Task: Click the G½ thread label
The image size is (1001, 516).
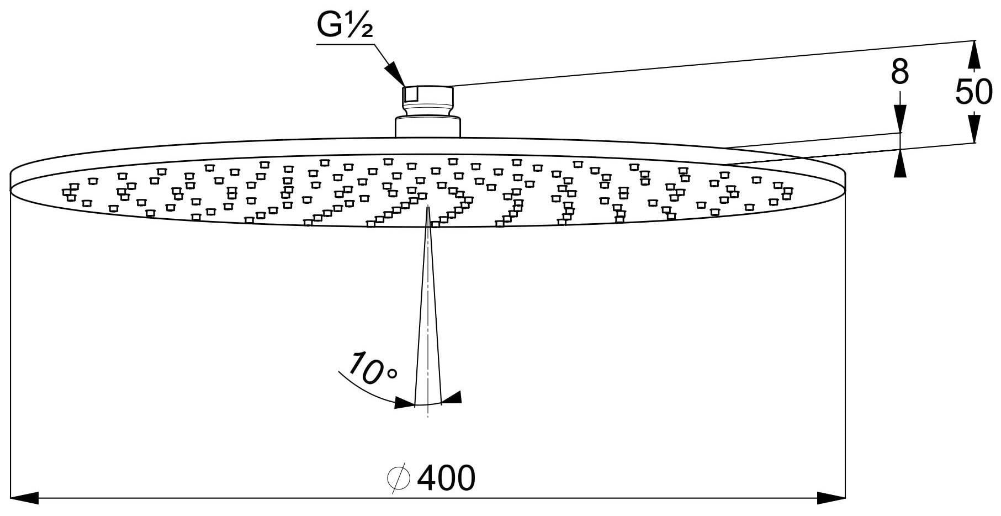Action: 345,24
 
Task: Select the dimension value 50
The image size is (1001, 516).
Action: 974,92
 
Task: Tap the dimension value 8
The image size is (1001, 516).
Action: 900,72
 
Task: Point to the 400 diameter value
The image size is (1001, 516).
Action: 446,478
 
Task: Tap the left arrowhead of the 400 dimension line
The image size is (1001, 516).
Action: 25,498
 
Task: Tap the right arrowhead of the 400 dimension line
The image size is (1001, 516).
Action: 831,498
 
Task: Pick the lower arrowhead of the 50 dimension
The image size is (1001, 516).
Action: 974,128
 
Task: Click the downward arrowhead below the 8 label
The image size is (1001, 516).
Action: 901,119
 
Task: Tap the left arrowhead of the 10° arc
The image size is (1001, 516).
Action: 405,403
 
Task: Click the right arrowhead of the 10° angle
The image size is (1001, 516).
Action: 451,398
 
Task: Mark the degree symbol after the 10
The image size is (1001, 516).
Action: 392,374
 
